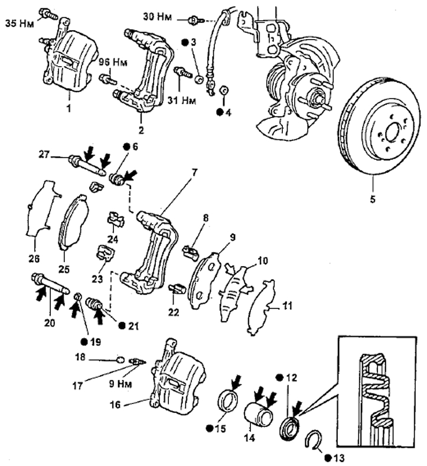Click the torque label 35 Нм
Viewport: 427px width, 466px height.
click(19, 23)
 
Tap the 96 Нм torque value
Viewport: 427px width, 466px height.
click(113, 63)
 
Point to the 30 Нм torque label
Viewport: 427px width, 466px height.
click(157, 17)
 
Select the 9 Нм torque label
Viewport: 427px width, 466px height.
click(120, 383)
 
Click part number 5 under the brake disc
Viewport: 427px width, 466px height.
click(373, 199)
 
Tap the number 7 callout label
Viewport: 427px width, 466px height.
click(195, 172)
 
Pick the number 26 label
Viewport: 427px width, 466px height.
click(34, 258)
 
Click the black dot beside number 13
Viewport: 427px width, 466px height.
click(328, 458)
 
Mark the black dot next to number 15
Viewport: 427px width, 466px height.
click(210, 428)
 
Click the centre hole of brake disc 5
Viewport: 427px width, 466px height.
click(392, 134)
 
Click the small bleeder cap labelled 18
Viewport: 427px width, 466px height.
click(120, 360)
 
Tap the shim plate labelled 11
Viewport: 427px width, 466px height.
click(262, 307)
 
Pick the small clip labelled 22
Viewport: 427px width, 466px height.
click(177, 289)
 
